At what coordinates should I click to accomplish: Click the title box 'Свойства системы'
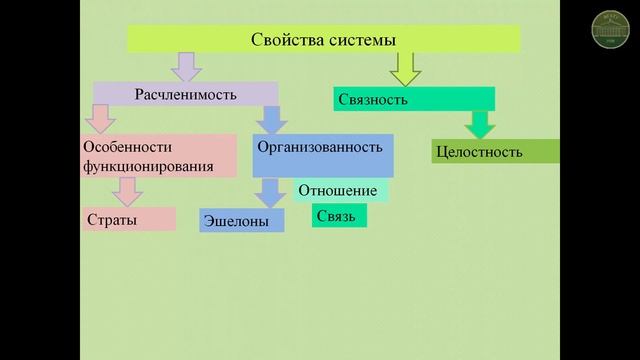323,39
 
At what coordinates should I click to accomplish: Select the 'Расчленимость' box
186,94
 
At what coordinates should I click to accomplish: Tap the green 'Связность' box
414,99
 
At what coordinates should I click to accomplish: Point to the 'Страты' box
128,218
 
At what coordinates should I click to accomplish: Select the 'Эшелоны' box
242,220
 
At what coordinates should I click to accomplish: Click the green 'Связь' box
339,215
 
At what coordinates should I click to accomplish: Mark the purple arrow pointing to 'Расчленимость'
186,66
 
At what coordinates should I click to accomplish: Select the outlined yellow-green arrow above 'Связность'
406,68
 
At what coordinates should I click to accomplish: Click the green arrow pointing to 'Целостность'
479,124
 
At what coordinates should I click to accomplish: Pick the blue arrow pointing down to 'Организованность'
269,119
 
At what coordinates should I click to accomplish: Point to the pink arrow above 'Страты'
127,190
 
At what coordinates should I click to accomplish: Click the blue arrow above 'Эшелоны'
269,191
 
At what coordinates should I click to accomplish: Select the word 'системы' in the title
367,39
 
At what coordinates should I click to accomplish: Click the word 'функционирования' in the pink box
146,165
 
